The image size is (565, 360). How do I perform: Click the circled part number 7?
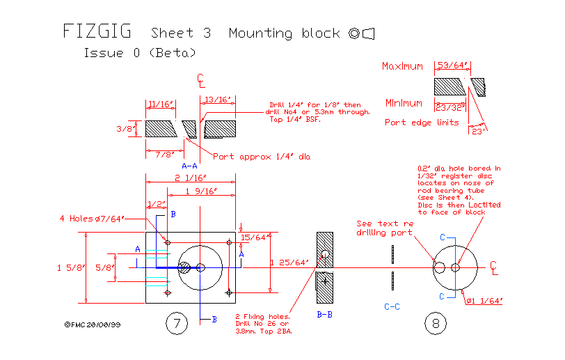(x=177, y=323)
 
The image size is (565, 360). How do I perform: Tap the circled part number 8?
(x=436, y=323)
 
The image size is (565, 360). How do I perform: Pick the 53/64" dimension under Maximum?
(x=452, y=65)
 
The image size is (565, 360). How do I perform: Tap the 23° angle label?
(x=477, y=131)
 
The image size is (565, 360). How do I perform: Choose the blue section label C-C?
(x=392, y=306)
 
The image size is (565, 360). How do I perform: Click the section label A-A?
(x=189, y=166)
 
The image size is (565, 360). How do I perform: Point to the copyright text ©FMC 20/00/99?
(x=92, y=324)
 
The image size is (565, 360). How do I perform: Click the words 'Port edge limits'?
(x=422, y=123)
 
